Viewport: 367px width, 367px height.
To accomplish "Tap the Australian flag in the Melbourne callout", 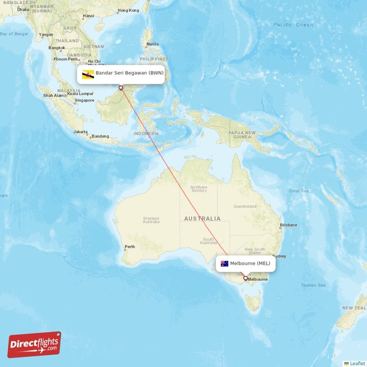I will tap(224, 263).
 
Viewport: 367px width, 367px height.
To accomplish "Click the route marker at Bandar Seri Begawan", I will tap(121, 88).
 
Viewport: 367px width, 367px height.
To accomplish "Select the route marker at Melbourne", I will tap(245, 278).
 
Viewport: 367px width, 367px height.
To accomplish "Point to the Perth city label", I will tap(130, 247).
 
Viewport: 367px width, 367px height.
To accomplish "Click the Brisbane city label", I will tap(289, 225).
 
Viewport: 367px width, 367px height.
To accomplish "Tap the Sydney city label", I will tap(279, 256).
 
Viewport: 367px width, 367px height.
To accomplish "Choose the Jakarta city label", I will tap(80, 132).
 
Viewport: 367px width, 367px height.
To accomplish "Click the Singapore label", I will tap(85, 100).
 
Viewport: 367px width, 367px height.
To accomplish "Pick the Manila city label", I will tap(152, 44).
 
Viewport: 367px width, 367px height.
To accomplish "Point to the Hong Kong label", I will tap(128, 11).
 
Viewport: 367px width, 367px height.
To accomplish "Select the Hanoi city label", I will tap(88, 16).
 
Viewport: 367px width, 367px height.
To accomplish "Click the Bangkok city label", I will tap(57, 48).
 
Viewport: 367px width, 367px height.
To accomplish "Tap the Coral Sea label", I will tap(299, 191).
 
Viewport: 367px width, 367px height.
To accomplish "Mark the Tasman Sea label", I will tap(313, 285).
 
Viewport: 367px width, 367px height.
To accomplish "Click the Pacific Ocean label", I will tap(293, 25).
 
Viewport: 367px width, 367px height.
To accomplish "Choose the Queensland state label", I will tap(245, 206).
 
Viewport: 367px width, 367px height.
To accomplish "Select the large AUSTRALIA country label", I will tap(202, 219).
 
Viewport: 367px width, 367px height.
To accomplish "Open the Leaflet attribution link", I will tap(357, 363).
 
